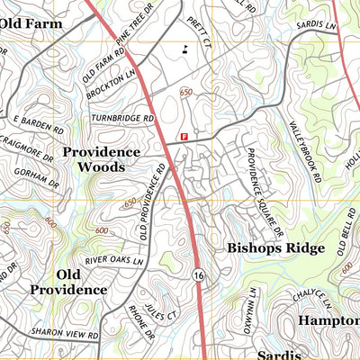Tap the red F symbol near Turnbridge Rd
coord(184,137)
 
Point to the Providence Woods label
coord(101,159)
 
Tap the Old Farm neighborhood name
coord(31,22)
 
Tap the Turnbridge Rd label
coord(122,118)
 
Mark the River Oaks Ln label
coord(114,261)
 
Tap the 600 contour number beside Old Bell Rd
coord(346,267)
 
